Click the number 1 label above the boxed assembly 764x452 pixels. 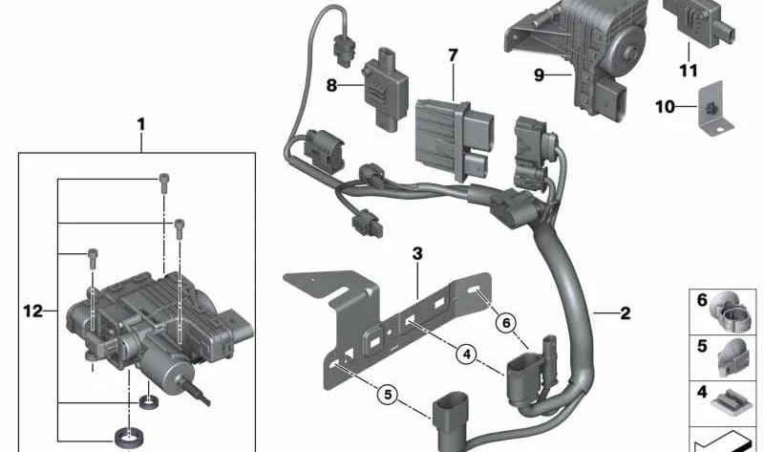click(140, 124)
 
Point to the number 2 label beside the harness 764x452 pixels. click(625, 312)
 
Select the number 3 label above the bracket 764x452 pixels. click(416, 253)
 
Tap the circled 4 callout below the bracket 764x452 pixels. click(466, 355)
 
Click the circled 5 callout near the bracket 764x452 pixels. click(387, 392)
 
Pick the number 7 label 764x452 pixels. click(453, 55)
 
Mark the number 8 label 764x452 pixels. click(331, 84)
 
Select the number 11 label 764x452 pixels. click(687, 70)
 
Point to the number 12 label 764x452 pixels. click(33, 311)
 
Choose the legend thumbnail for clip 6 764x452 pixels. click(733, 309)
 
